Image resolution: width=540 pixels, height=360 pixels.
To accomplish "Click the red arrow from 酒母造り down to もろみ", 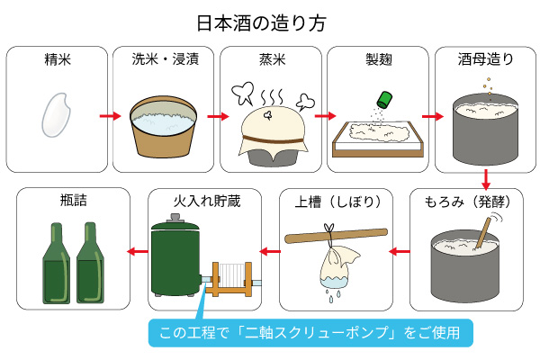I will click(486, 178).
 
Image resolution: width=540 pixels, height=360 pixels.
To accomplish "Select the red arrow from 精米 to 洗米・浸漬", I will click(110, 116).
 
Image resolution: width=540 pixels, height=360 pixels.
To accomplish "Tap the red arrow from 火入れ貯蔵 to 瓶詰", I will click(136, 251).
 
